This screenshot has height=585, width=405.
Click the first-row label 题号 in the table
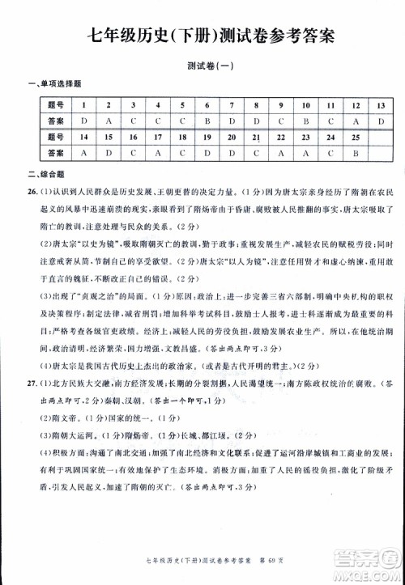[55, 105]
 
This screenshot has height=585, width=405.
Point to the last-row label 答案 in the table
[55, 152]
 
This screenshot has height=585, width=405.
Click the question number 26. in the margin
[31, 192]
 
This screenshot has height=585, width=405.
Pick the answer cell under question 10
[306, 121]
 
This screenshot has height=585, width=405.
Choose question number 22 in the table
[281, 137]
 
